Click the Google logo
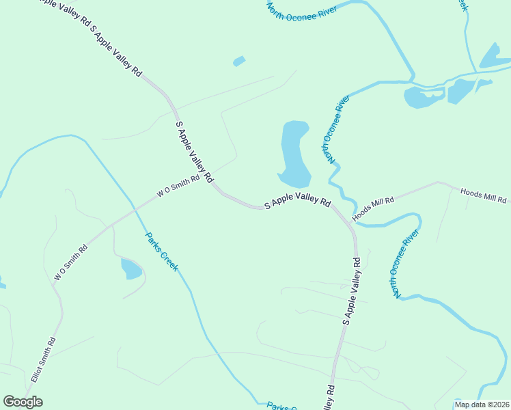[23, 402]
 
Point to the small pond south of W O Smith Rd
[131, 269]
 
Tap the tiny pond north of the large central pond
[238, 61]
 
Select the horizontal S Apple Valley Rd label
[297, 204]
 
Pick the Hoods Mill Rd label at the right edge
[484, 196]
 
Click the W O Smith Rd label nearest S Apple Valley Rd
[178, 186]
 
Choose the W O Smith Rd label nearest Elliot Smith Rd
[71, 262]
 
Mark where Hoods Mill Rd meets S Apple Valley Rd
[351, 223]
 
